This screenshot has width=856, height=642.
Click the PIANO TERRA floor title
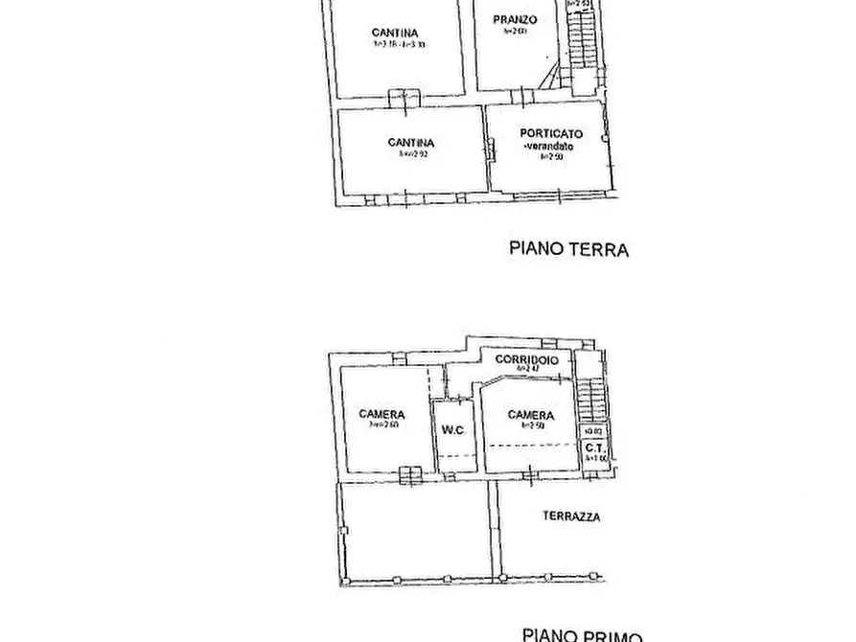point(567,250)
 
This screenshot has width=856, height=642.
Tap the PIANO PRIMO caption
point(582,634)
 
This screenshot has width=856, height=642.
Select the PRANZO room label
point(515,20)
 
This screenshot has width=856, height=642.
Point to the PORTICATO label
point(551,134)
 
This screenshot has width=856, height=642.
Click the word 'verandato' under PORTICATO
point(549,147)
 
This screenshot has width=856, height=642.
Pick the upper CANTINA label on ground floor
point(395,34)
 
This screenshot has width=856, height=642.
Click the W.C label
point(452,430)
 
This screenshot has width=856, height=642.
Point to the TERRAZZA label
point(571,516)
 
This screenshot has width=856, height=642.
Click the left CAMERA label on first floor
point(382,415)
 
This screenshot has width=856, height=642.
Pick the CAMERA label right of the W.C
point(530,415)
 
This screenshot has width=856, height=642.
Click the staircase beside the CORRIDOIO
point(593,398)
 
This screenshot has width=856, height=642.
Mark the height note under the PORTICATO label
point(549,157)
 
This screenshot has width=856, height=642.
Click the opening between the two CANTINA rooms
point(405,97)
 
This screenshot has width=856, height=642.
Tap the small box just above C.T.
point(593,431)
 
